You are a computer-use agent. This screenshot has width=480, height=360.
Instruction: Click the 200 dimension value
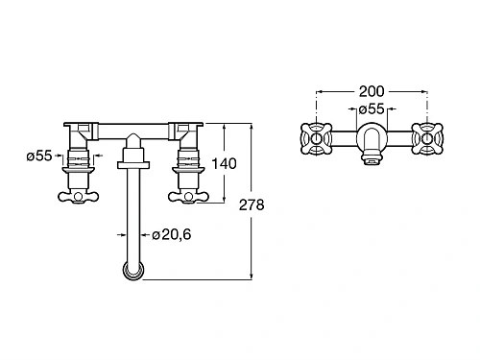(372, 91)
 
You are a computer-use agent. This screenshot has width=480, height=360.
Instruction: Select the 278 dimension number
(252, 204)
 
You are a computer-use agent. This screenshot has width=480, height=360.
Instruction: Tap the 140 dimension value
(224, 163)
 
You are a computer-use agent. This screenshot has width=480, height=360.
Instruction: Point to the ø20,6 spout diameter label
(172, 234)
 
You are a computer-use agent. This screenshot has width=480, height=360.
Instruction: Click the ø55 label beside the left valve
(39, 156)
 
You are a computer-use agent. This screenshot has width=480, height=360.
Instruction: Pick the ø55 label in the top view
(372, 108)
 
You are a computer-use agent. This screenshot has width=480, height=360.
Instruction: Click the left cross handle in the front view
(78, 197)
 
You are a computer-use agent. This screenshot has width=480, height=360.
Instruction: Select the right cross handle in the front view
(188, 197)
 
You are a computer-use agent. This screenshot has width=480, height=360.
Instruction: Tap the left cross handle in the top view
(317, 139)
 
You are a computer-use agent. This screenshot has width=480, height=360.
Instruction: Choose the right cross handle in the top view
(427, 139)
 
